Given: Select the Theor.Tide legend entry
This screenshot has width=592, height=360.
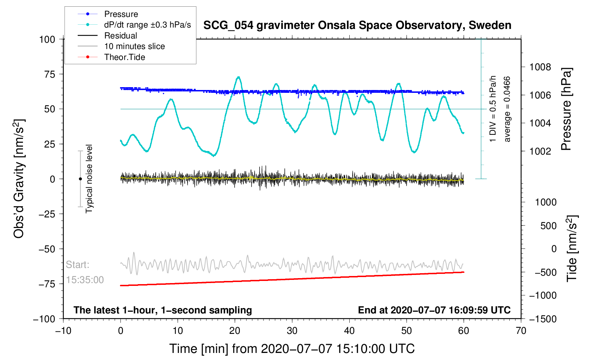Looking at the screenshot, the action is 111,57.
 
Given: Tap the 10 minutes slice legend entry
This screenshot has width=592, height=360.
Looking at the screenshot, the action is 121,46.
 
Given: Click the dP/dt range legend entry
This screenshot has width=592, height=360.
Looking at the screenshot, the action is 134,25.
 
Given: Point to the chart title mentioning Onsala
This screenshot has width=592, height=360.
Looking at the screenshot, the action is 357,25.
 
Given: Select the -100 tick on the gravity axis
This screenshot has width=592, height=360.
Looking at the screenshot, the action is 44,319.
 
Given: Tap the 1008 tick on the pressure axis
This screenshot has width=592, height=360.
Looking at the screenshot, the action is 540,67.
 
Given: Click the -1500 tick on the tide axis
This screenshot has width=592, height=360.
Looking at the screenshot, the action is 543,319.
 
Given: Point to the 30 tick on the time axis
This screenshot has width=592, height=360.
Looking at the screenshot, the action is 292,330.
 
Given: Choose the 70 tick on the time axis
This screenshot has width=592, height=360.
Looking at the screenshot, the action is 521,330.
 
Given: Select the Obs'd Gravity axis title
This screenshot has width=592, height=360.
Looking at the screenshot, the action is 19,179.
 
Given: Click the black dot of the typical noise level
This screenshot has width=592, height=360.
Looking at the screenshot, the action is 80,179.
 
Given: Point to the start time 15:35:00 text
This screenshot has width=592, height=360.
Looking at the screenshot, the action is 84,280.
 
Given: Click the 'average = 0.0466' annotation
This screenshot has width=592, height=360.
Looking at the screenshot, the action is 507,109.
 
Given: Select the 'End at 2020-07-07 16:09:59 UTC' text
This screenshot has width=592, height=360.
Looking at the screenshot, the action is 434,310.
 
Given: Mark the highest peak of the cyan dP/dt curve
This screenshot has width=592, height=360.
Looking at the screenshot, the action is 239,77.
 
